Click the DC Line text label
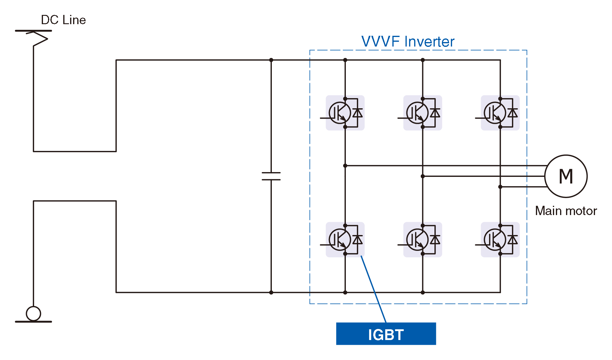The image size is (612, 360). pyautogui.click(x=63, y=20)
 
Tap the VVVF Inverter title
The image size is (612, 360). pyautogui.click(x=408, y=41)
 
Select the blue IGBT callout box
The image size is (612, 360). pyautogui.click(x=386, y=334)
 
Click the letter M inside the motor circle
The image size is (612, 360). pyautogui.click(x=566, y=176)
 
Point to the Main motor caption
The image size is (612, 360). pyautogui.click(x=566, y=211)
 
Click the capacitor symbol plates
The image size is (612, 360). pyautogui.click(x=271, y=176)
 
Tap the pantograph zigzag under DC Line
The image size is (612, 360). pyautogui.click(x=39, y=39)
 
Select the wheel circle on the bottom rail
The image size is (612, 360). pyautogui.click(x=33, y=313)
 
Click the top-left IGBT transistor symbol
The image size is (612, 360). pyautogui.click(x=340, y=113)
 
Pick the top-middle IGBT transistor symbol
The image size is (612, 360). pyautogui.click(x=417, y=113)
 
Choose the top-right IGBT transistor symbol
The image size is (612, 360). pyautogui.click(x=495, y=113)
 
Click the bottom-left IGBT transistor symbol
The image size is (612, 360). pyautogui.click(x=340, y=240)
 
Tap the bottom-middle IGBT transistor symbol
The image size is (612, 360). pyautogui.click(x=417, y=240)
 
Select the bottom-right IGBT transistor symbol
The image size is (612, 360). pyautogui.click(x=495, y=240)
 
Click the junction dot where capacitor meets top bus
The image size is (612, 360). pyautogui.click(x=271, y=60)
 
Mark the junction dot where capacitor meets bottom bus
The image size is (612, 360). pyautogui.click(x=271, y=293)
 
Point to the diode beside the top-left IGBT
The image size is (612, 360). pyautogui.click(x=357, y=113)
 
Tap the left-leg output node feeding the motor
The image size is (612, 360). pyautogui.click(x=345, y=166)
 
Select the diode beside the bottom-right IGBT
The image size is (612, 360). pyautogui.click(x=513, y=240)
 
